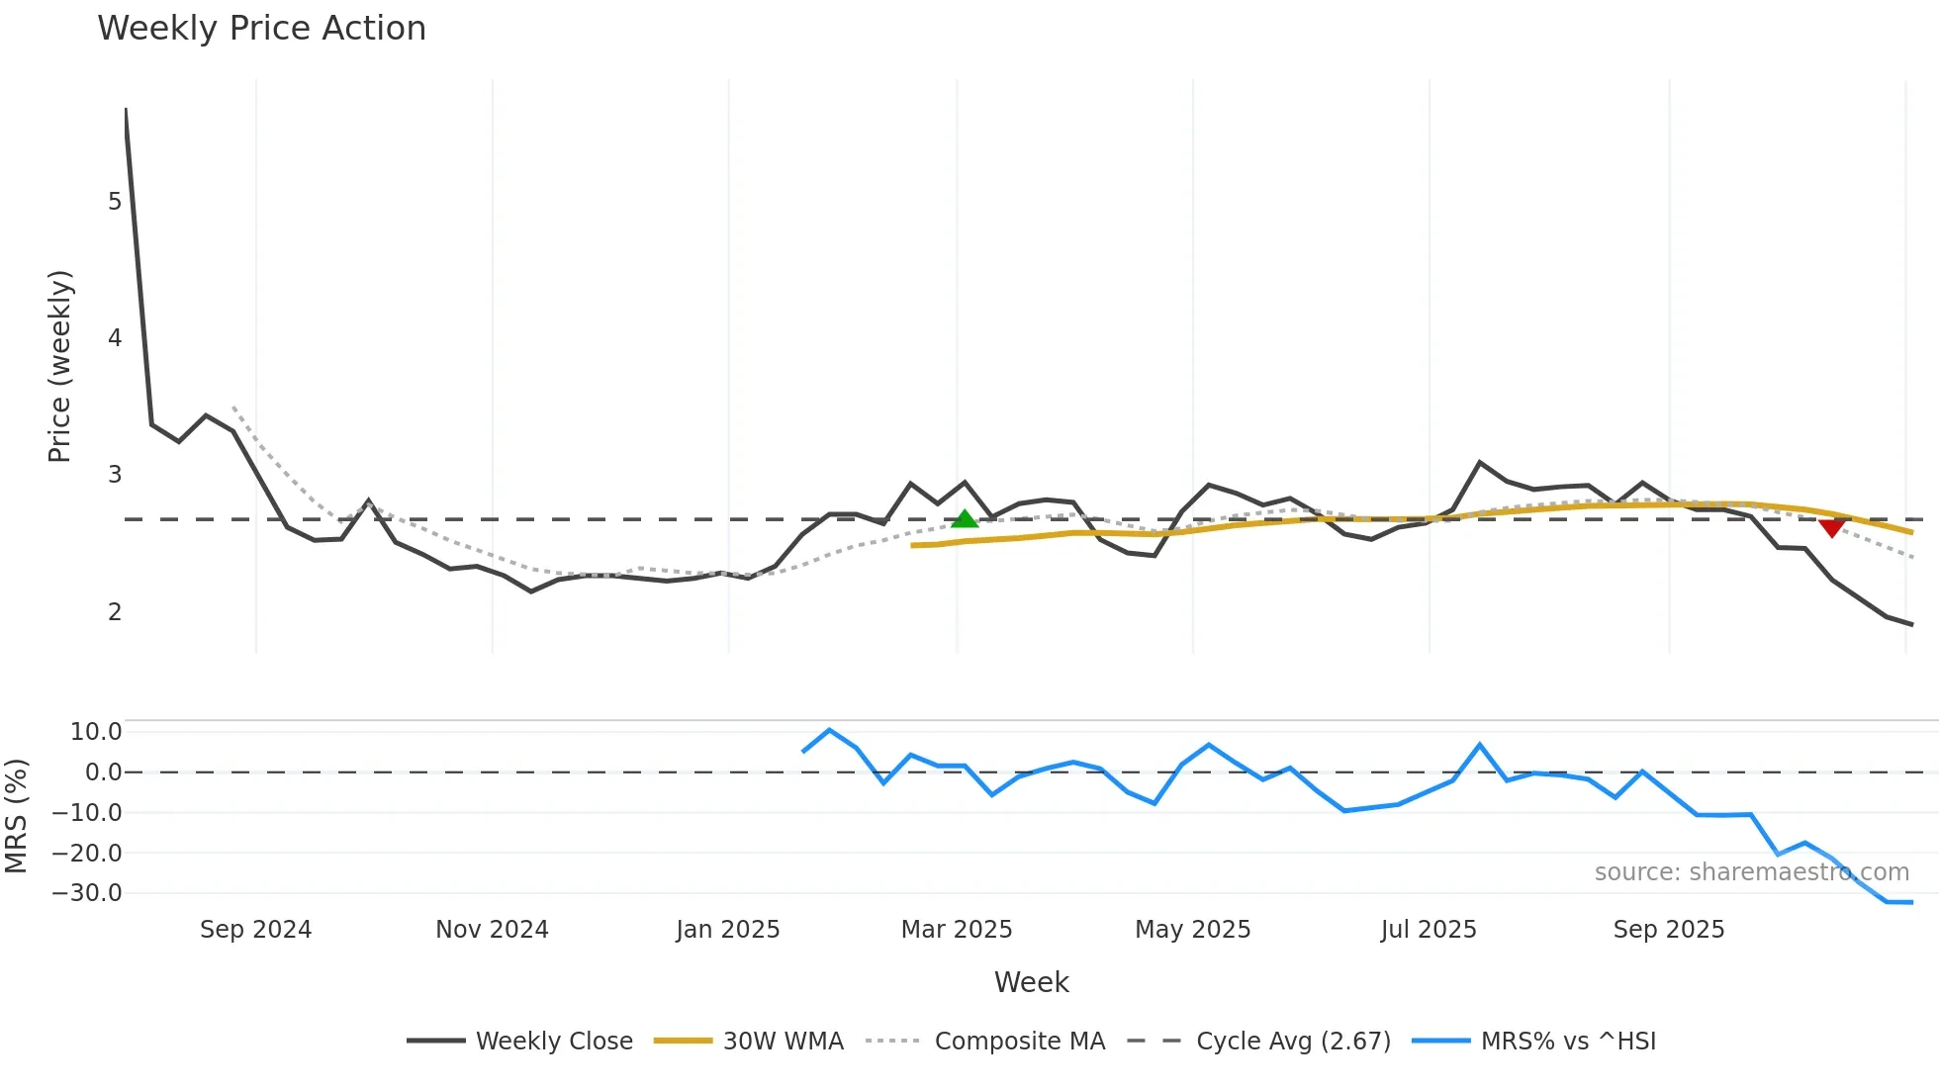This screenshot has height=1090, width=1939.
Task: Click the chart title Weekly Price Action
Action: pyautogui.click(x=261, y=29)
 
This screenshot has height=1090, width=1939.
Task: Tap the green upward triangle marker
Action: pyautogui.click(x=964, y=518)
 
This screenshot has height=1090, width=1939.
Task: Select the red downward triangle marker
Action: pyautogui.click(x=1831, y=528)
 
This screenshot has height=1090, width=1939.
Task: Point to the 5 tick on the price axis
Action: pyautogui.click(x=115, y=202)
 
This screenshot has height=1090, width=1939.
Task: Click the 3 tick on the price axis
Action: pyautogui.click(x=115, y=475)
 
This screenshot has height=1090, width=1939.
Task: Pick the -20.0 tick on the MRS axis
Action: pyautogui.click(x=87, y=854)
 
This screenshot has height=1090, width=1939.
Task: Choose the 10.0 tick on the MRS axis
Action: pyautogui.click(x=96, y=732)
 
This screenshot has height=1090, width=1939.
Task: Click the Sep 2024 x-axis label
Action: pyautogui.click(x=255, y=930)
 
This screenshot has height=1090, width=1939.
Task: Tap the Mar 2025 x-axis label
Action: pyautogui.click(x=956, y=930)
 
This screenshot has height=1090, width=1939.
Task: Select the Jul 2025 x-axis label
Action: pyautogui.click(x=1428, y=930)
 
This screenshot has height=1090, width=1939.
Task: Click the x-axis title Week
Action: pyautogui.click(x=1031, y=982)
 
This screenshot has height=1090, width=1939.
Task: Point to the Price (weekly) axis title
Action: pyautogui.click(x=59, y=366)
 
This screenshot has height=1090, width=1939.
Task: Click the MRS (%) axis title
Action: pyautogui.click(x=16, y=816)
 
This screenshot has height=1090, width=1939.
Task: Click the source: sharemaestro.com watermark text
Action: pyautogui.click(x=1751, y=872)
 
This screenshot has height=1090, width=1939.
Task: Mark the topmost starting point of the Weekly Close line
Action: pyautogui.click(x=126, y=109)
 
